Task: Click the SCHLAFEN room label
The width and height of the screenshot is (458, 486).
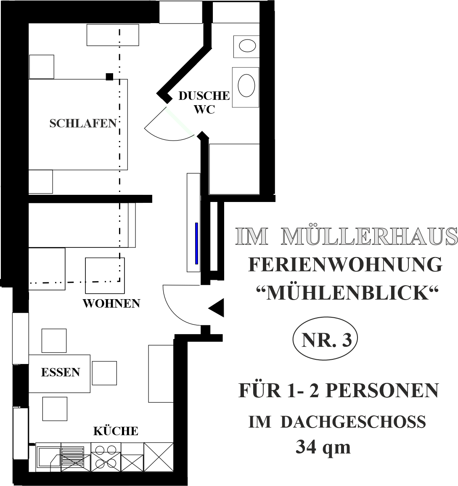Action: point(83,123)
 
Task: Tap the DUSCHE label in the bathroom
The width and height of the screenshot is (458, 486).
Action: point(204,96)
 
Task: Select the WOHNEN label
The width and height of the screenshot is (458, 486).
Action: point(111,303)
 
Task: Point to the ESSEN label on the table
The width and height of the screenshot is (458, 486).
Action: point(61,372)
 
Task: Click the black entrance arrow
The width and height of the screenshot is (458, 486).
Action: point(216,308)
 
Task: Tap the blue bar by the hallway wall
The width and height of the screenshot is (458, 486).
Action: point(196,243)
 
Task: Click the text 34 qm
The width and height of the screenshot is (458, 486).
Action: point(323,447)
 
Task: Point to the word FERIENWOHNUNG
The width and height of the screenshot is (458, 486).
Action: point(346,265)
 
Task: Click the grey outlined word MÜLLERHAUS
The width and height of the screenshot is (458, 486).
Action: point(369,236)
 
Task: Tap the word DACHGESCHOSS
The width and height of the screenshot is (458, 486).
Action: point(353,422)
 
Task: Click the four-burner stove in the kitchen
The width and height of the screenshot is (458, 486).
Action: point(106,457)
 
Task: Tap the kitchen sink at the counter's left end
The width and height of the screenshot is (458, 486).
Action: point(49,457)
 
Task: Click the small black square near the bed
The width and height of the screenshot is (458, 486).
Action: point(109,77)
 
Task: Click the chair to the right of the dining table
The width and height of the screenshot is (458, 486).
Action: point(104,373)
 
